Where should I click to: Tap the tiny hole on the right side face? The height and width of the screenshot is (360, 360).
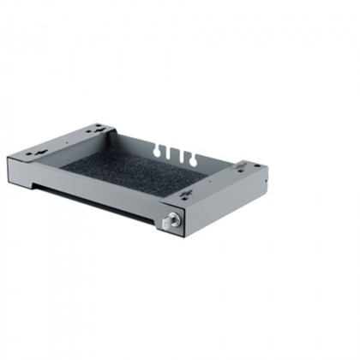pos(266,183)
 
